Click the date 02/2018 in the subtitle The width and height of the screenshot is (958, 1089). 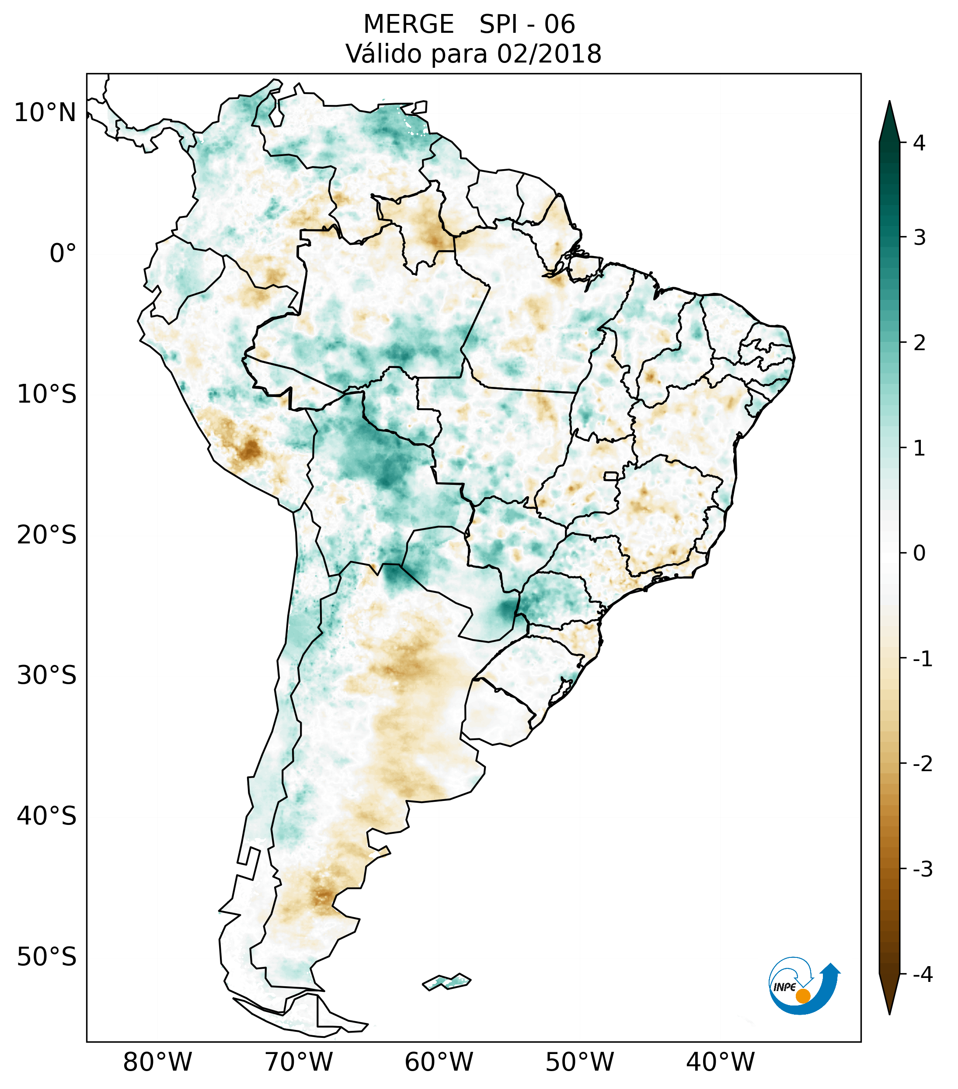[x=549, y=54]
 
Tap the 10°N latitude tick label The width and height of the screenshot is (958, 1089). [x=45, y=113]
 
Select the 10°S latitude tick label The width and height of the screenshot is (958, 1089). [x=47, y=394]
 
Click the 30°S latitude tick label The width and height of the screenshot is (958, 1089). [x=47, y=675]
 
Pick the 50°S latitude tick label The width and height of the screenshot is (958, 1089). [x=47, y=957]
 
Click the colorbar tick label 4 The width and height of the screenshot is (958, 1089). [x=919, y=143]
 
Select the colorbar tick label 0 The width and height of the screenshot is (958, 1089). [x=919, y=553]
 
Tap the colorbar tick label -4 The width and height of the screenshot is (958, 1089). [x=922, y=975]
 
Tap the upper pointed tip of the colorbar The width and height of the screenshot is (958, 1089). [x=889, y=103]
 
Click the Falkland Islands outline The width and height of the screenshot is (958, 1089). [x=446, y=981]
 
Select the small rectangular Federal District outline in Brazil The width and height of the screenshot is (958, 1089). [x=611, y=476]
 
